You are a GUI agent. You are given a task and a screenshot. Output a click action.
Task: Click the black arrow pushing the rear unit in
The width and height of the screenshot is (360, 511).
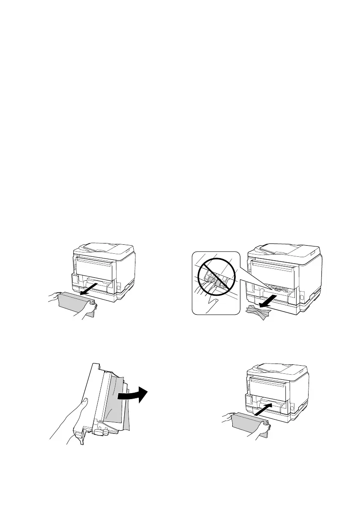click(x=265, y=405)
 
